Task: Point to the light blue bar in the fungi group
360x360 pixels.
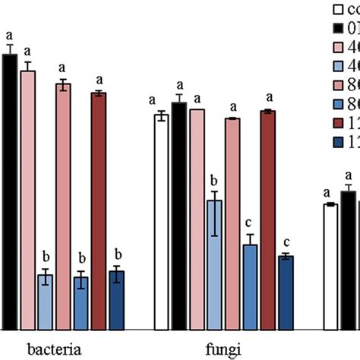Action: click(215, 265)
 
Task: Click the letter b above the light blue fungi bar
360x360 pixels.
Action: click(214, 182)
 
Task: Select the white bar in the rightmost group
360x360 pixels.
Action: click(330, 267)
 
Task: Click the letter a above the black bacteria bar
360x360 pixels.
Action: click(10, 34)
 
